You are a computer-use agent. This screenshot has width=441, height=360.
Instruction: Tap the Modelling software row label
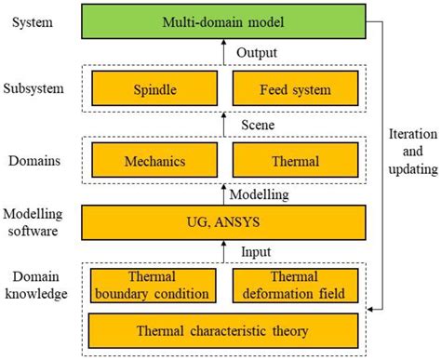coord(36,223)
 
